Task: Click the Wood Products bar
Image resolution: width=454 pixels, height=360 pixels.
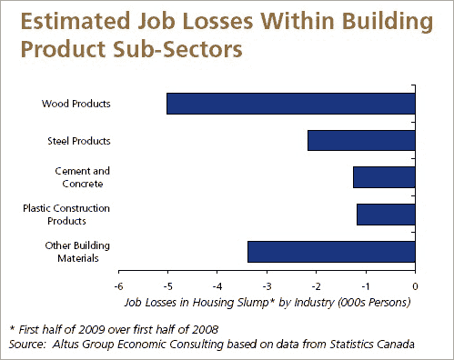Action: (291, 104)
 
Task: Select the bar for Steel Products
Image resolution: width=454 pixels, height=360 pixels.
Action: (361, 141)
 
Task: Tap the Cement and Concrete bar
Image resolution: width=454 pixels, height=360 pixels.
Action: (384, 177)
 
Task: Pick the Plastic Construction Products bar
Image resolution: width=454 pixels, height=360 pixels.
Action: (386, 215)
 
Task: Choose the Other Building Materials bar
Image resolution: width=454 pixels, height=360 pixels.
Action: (331, 252)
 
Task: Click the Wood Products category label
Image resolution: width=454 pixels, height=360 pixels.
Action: (76, 104)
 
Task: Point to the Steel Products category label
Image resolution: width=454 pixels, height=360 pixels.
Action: (79, 141)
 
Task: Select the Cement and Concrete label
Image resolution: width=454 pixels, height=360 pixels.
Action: (83, 177)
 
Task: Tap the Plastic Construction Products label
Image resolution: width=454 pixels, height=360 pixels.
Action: (66, 215)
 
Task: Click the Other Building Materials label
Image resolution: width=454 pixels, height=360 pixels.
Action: (77, 252)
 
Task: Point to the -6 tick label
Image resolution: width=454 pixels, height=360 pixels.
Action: (118, 286)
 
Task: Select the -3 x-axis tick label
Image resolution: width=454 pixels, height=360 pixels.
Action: (267, 286)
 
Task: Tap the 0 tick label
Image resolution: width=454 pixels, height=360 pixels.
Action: (415, 286)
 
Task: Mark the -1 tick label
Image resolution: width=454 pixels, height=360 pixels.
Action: (366, 286)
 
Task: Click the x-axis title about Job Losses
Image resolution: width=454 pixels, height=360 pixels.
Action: (267, 303)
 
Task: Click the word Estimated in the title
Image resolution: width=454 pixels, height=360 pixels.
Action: (76, 21)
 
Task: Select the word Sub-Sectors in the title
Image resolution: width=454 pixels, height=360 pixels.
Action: (177, 49)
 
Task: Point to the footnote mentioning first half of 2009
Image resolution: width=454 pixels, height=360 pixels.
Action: (114, 329)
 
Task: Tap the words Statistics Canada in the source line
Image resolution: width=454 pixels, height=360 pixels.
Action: (372, 345)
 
